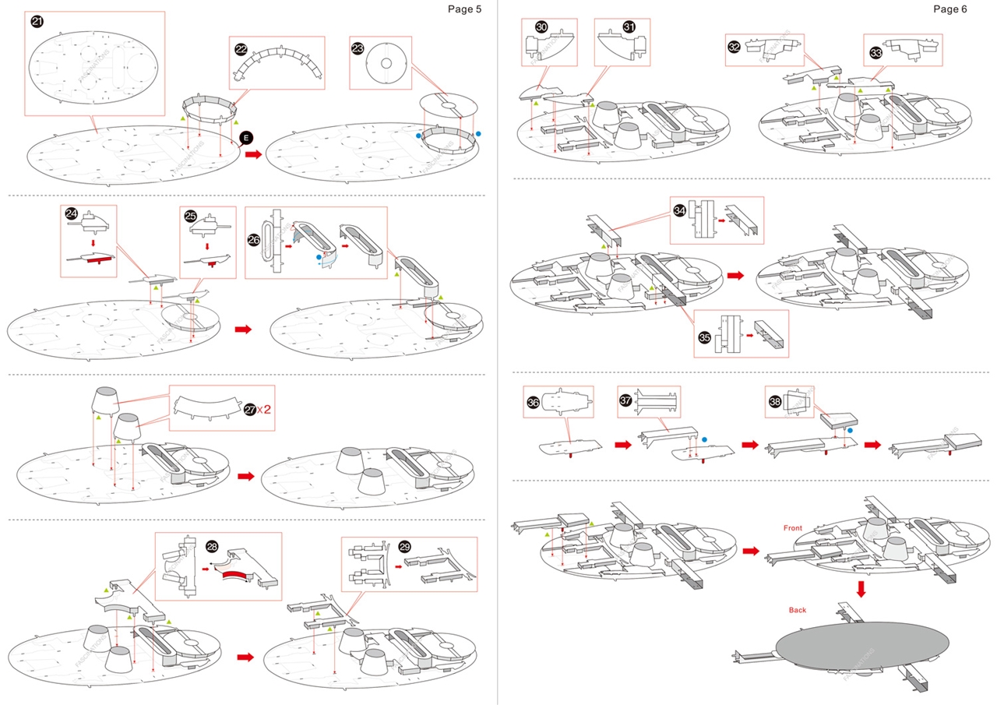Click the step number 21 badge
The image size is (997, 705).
tap(37, 21)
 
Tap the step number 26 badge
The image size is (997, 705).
tap(254, 241)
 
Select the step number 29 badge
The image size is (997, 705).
tap(404, 547)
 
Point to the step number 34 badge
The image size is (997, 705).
tap(680, 210)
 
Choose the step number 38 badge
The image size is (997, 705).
tap(775, 401)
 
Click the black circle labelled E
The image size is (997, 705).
tap(246, 138)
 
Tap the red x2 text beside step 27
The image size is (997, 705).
tap(264, 410)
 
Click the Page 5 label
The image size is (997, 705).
tap(464, 9)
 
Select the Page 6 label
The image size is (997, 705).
tap(949, 9)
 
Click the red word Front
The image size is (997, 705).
tap(793, 528)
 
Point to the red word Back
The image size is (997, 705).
tap(797, 610)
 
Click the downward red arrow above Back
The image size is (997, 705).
tap(861, 589)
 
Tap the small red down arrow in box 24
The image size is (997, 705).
tap(93, 243)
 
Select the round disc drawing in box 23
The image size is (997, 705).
tap(386, 63)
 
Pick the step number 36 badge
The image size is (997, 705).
tap(533, 402)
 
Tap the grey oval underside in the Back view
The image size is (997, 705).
tap(862, 645)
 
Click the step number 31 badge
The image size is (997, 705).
tap(629, 27)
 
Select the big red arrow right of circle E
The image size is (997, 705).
tap(254, 154)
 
